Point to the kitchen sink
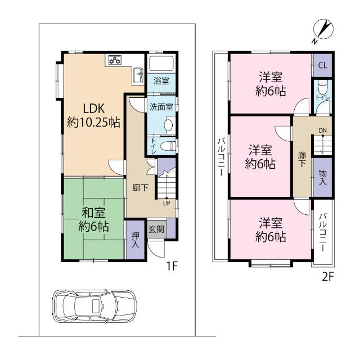[x=138, y=73]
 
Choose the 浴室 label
[x=161, y=81]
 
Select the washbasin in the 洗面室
[x=168, y=125]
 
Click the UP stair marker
[x=167, y=203]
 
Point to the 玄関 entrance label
[x=156, y=229]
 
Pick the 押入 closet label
[x=135, y=241]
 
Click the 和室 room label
[x=93, y=219]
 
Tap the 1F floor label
[x=172, y=266]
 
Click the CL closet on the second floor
[x=322, y=65]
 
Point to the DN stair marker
[x=322, y=132]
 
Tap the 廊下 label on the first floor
[x=140, y=187]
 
